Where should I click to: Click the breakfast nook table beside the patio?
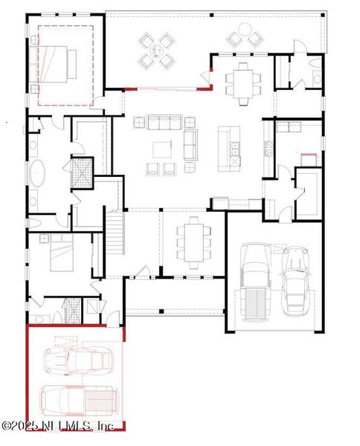[244, 77]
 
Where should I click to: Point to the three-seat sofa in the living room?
[164, 123]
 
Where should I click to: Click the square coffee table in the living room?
[162, 149]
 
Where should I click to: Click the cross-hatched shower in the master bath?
[80, 172]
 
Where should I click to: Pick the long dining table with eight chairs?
[193, 242]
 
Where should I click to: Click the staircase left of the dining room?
[114, 232]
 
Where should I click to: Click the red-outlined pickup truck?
[78, 401]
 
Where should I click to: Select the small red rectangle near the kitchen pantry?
[309, 158]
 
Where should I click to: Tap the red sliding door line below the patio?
[165, 88]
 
